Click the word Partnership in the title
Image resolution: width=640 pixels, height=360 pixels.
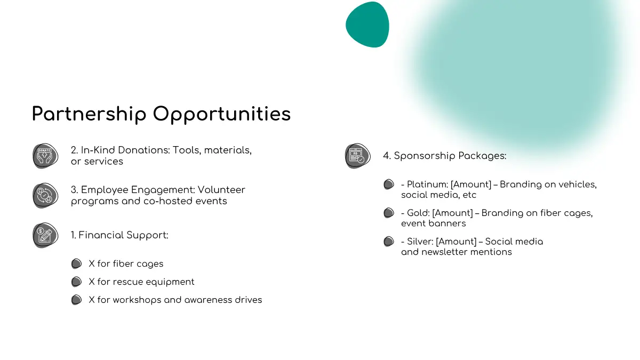[89, 114]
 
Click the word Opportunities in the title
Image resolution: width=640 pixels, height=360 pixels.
[222, 114]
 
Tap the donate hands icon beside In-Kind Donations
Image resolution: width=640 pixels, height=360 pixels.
[45, 156]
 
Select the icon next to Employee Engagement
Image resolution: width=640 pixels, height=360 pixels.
[45, 195]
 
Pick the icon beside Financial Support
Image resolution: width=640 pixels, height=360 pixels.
[45, 235]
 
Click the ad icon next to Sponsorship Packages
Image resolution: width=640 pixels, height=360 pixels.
[357, 156]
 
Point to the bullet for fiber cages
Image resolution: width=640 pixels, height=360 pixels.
[76, 263]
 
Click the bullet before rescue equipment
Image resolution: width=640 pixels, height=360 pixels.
[76, 282]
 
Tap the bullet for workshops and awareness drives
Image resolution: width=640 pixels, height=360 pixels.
[76, 300]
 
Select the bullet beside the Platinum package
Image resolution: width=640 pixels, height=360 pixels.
[389, 185]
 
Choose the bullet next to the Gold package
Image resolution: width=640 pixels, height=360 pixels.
[389, 213]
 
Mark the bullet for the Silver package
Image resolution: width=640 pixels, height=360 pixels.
[389, 242]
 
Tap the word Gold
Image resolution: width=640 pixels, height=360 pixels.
[418, 213]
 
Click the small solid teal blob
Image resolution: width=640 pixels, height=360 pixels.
[367, 25]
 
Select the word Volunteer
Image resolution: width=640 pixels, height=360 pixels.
[221, 190]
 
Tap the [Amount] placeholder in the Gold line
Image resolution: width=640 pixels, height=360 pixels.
[453, 213]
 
